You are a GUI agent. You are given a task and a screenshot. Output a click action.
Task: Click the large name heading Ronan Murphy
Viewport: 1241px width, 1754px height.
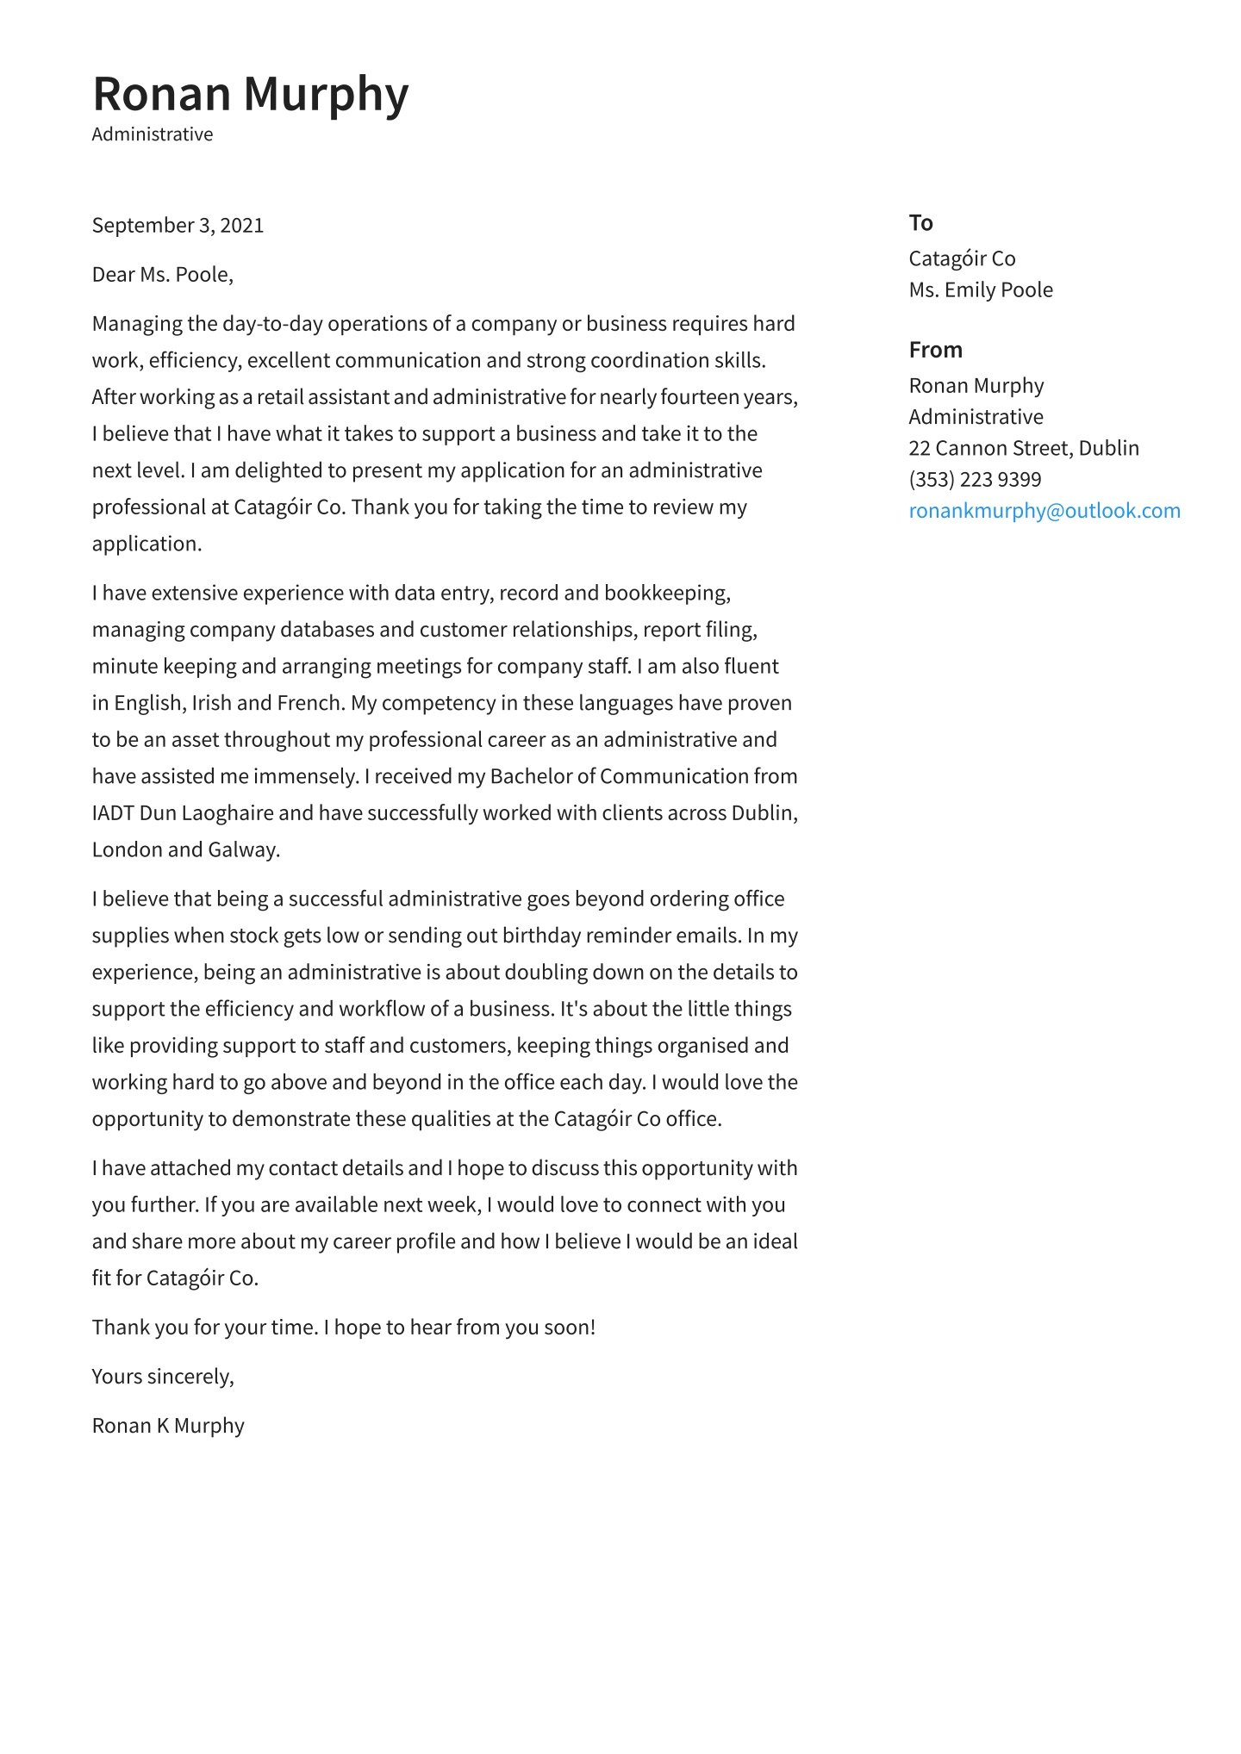(x=250, y=94)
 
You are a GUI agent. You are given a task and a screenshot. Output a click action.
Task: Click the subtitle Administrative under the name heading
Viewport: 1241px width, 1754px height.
(x=153, y=134)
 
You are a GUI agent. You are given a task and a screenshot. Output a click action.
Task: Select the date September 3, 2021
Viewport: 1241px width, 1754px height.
(x=178, y=226)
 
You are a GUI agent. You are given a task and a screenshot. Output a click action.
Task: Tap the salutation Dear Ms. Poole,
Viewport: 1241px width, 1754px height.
(x=162, y=275)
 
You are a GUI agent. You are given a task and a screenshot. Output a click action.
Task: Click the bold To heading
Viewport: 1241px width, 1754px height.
(x=920, y=223)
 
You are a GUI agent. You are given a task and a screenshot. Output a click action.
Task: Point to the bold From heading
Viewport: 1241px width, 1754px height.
(x=935, y=350)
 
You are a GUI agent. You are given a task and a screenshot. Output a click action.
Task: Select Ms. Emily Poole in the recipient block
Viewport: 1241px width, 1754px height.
(x=981, y=290)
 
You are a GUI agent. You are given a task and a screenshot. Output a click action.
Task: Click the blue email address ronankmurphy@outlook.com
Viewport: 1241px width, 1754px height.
(x=1045, y=511)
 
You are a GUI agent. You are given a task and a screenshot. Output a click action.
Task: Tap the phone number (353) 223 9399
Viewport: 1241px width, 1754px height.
(x=975, y=480)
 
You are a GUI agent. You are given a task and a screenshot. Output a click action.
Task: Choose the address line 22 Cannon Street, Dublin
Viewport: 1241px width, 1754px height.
(x=1024, y=448)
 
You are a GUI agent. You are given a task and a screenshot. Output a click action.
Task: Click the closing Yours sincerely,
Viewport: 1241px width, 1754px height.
(x=163, y=1377)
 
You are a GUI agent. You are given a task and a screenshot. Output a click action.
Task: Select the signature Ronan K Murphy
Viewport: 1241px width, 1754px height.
(x=168, y=1426)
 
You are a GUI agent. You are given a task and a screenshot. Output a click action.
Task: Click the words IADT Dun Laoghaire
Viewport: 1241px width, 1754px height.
(x=183, y=813)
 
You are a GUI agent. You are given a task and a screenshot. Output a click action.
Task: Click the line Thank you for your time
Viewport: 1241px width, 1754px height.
(x=205, y=1328)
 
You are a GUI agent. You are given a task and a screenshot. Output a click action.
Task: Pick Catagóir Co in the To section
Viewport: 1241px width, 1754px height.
(x=962, y=258)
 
